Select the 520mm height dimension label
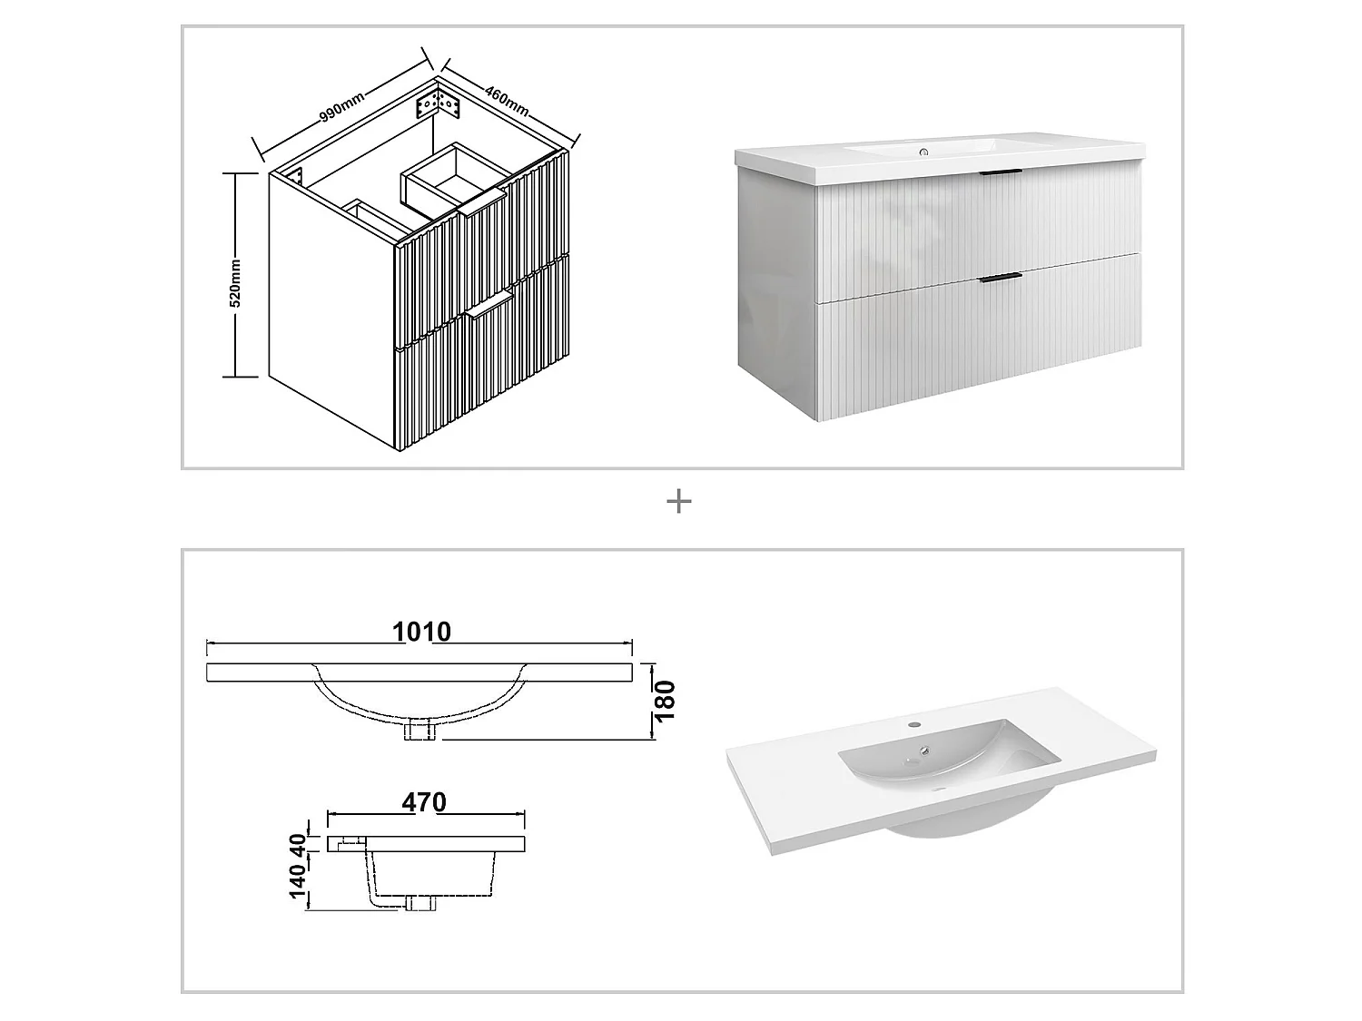click(x=235, y=282)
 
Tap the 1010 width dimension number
click(x=421, y=632)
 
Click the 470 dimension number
click(x=424, y=802)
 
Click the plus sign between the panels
click(x=679, y=501)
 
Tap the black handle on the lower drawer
click(x=1001, y=277)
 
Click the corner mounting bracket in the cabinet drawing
click(x=439, y=103)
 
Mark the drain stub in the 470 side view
click(x=420, y=902)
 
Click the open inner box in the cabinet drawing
click(x=445, y=177)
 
